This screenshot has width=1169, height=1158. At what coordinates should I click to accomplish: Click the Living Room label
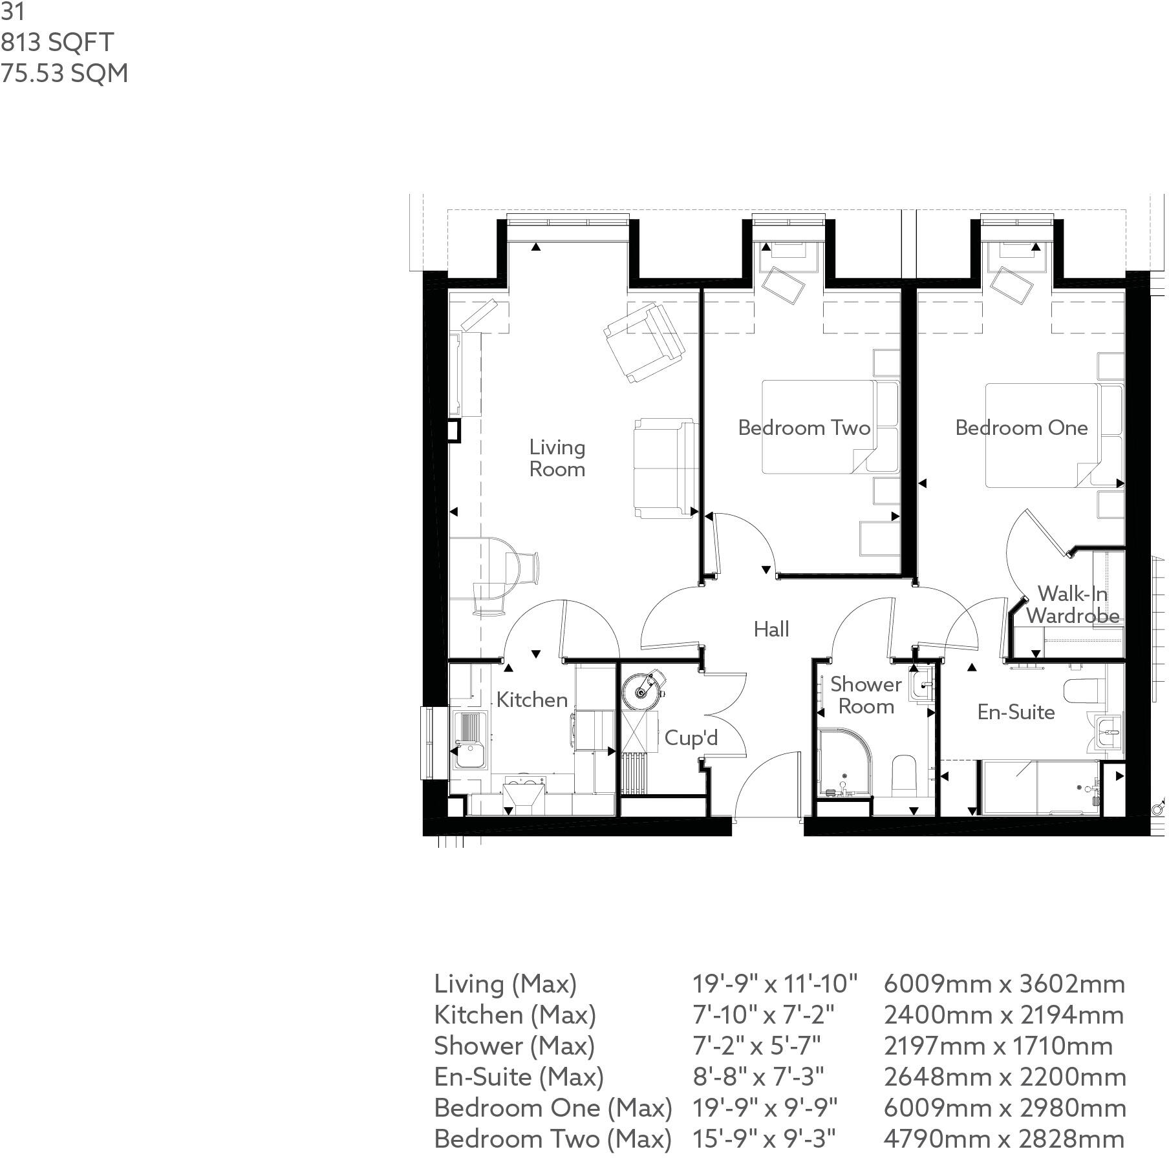click(x=557, y=458)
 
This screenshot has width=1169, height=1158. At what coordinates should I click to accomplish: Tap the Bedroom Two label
click(x=804, y=428)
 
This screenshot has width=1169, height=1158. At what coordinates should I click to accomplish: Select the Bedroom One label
click(x=1021, y=428)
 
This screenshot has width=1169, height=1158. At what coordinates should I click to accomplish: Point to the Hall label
click(x=771, y=629)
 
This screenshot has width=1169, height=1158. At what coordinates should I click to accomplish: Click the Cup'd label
click(x=691, y=738)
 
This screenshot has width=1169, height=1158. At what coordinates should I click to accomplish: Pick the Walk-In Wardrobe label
click(x=1072, y=604)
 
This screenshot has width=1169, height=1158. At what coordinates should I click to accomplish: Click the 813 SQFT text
click(x=57, y=43)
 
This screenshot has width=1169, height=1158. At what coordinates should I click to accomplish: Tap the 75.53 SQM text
click(x=64, y=73)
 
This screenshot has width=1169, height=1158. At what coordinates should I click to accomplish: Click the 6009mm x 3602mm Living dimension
click(x=1003, y=984)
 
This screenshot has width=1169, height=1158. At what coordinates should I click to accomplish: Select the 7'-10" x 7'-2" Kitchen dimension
click(x=763, y=1015)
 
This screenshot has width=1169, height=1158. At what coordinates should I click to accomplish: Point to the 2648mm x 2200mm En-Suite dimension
click(x=1004, y=1077)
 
